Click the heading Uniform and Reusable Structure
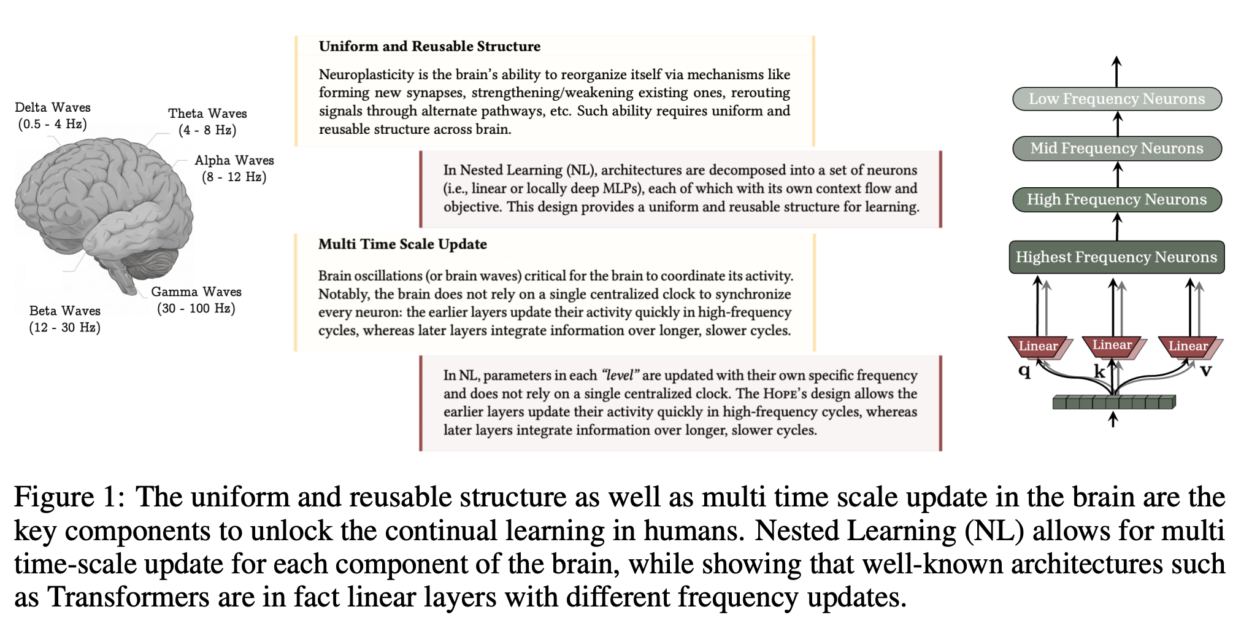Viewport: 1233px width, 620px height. point(429,47)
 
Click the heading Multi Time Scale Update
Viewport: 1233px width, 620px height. point(402,244)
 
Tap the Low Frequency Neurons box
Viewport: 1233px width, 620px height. point(1116,99)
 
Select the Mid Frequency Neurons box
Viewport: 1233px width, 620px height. point(1116,149)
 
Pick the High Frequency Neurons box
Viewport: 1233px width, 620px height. point(1116,200)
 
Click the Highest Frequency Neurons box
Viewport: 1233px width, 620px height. point(1116,257)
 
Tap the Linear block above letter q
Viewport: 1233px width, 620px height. point(1038,346)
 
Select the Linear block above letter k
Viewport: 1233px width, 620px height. point(1112,345)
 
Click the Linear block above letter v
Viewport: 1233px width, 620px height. point(1188,346)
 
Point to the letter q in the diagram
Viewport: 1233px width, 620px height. point(1024,370)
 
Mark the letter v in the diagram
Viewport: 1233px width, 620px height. point(1206,370)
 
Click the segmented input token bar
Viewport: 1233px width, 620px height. point(1113,403)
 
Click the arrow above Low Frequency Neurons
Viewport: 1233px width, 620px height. point(1116,71)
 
